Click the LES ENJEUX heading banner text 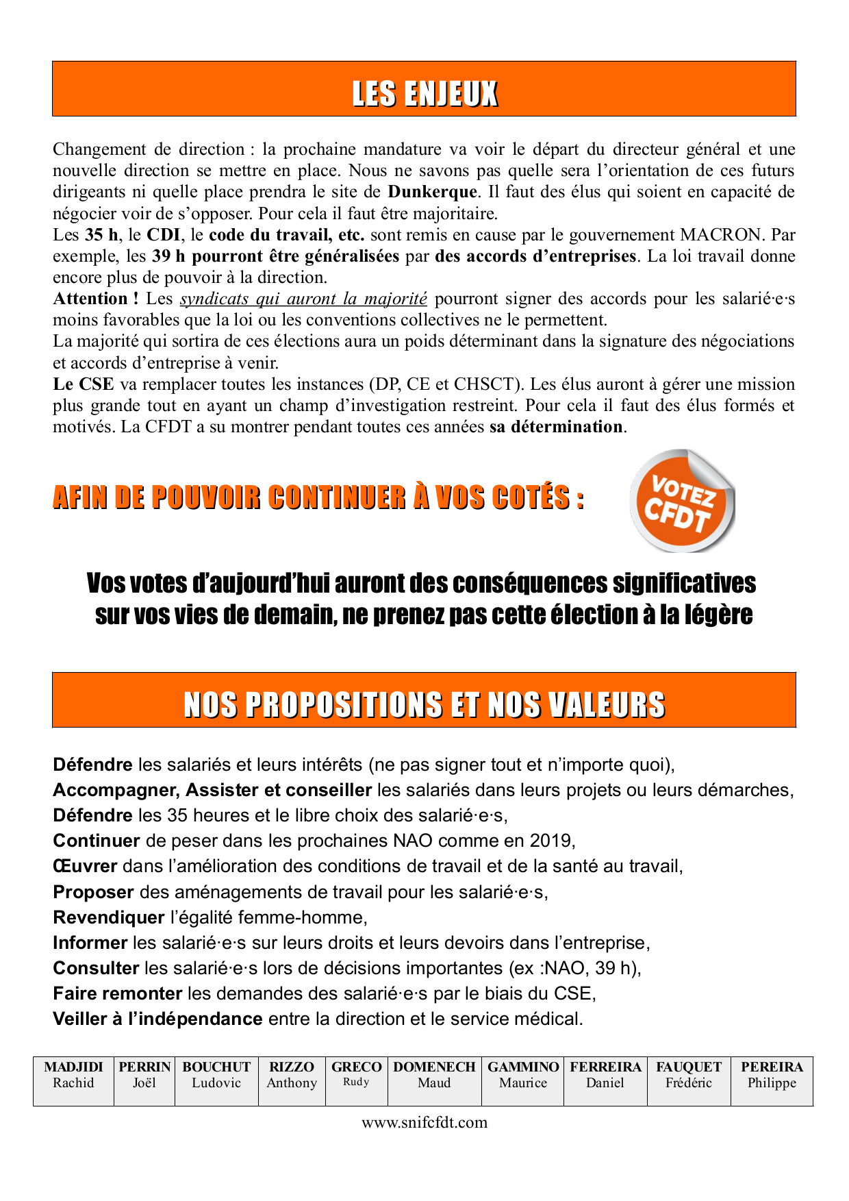[x=424, y=94]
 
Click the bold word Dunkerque [x=432, y=192]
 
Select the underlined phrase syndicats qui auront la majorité [x=303, y=299]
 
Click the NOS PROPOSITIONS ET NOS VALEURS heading [x=424, y=705]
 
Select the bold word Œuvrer [x=85, y=867]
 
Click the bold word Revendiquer [x=109, y=917]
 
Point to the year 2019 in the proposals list [x=550, y=841]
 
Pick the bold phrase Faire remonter [x=117, y=993]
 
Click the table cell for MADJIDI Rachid [x=73, y=1081]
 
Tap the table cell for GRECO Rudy [x=356, y=1081]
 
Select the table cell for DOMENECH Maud [x=434, y=1081]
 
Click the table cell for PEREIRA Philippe [x=772, y=1081]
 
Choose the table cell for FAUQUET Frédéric [x=688, y=1081]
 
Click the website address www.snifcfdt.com [x=424, y=1122]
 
